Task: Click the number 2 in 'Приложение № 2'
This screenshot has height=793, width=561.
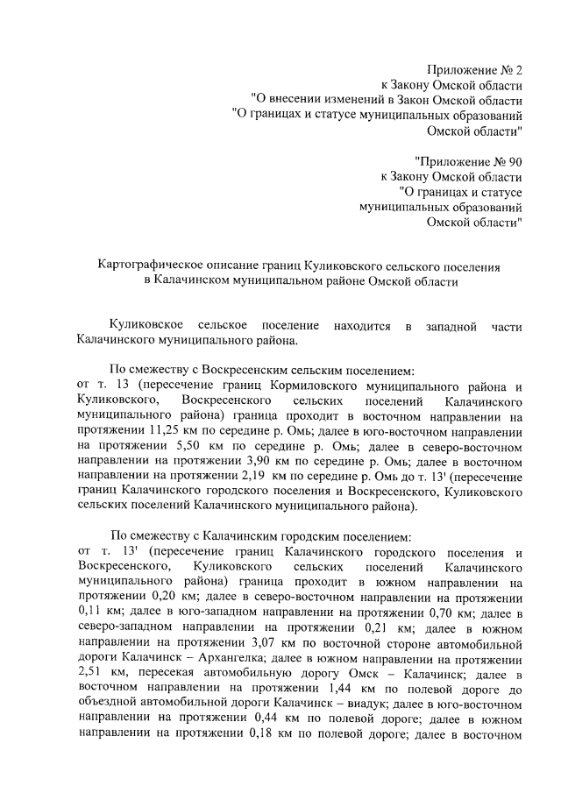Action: click(518, 69)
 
